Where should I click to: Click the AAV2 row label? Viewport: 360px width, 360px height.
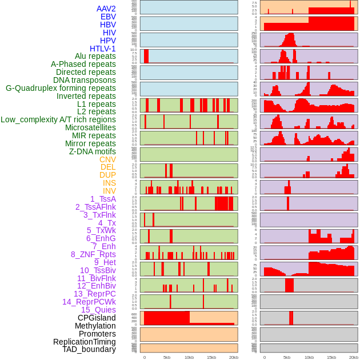pos(106,9)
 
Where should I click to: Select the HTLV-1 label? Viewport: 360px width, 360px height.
pos(102,49)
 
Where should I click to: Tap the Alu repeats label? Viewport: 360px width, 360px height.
pos(95,56)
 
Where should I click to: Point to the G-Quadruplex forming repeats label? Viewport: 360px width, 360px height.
pos(61,88)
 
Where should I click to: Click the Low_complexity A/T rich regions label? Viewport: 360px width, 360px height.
pos(58,119)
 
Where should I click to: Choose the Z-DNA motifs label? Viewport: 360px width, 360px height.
pos(92,151)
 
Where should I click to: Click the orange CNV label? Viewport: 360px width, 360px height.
pos(107,159)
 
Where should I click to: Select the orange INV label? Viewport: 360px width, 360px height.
pos(109,191)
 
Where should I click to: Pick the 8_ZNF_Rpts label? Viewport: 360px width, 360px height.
pos(93,254)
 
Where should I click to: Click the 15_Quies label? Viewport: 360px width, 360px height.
pos(98,310)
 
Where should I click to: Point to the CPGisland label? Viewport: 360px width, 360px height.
pos(97,318)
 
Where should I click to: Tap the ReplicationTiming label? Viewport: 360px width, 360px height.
pos(84,342)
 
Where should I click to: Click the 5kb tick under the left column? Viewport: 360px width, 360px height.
pos(167,357)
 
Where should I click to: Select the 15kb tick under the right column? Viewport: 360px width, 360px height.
pos(331,357)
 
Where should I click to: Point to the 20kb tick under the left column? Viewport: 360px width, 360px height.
pos(234,357)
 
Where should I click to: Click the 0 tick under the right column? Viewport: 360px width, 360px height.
pos(264,357)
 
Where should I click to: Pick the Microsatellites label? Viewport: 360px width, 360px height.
pos(90,127)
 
